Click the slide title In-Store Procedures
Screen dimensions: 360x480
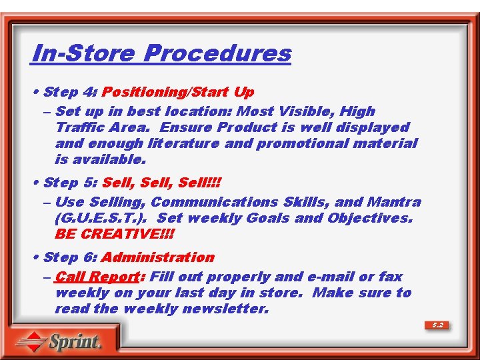[161, 53]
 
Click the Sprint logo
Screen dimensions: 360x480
[59, 342]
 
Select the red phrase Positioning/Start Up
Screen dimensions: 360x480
[178, 92]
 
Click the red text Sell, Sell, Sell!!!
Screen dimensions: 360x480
[162, 183]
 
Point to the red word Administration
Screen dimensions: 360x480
[158, 257]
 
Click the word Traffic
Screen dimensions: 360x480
[81, 127]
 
